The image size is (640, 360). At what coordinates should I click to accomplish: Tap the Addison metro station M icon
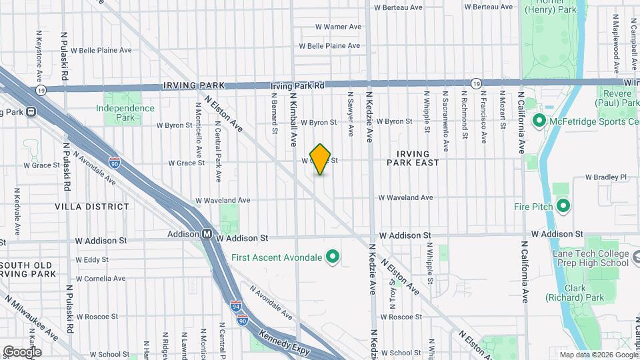207,234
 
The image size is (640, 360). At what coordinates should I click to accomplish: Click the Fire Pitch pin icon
563,206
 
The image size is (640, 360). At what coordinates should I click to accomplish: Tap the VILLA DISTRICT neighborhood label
93,207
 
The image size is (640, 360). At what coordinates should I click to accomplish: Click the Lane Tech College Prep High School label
591,258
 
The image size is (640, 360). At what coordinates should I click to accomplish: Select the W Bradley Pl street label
606,177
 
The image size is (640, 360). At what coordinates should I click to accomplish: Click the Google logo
21,351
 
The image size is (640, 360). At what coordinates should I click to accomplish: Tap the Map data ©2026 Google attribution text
597,355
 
